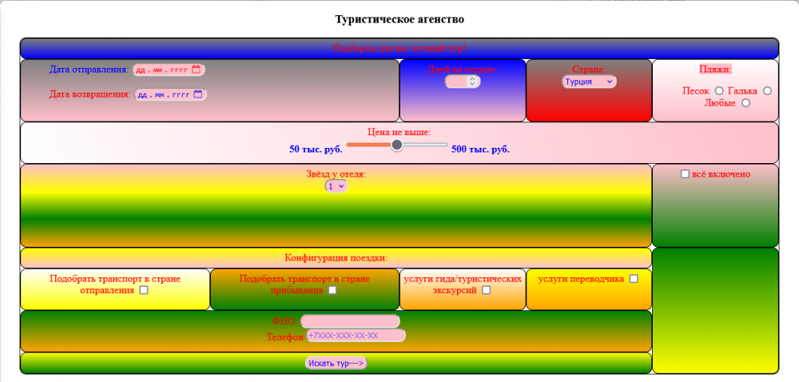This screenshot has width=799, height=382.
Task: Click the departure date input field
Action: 162,70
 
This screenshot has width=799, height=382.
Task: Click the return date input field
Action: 164,94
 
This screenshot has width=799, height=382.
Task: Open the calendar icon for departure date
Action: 197,70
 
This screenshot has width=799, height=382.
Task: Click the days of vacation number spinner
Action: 463,81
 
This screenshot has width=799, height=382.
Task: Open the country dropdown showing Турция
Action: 589,82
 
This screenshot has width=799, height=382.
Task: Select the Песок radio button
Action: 719,91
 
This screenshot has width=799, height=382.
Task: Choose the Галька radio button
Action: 768,91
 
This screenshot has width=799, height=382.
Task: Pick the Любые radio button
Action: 745,103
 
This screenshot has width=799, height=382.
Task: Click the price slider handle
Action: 397,145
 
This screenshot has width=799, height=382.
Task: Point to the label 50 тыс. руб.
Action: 316,149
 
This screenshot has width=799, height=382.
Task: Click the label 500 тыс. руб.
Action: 480,149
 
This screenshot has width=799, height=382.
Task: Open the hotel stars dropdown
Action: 336,185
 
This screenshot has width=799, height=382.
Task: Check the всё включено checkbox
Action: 685,174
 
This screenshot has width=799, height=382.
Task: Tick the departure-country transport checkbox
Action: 144,291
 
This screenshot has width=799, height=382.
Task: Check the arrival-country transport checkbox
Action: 332,291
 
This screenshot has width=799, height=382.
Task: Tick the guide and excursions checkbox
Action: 486,291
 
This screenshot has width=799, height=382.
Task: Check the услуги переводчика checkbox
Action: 634,279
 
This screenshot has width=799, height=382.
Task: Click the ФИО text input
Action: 350,321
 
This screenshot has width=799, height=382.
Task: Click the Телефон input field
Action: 356,336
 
